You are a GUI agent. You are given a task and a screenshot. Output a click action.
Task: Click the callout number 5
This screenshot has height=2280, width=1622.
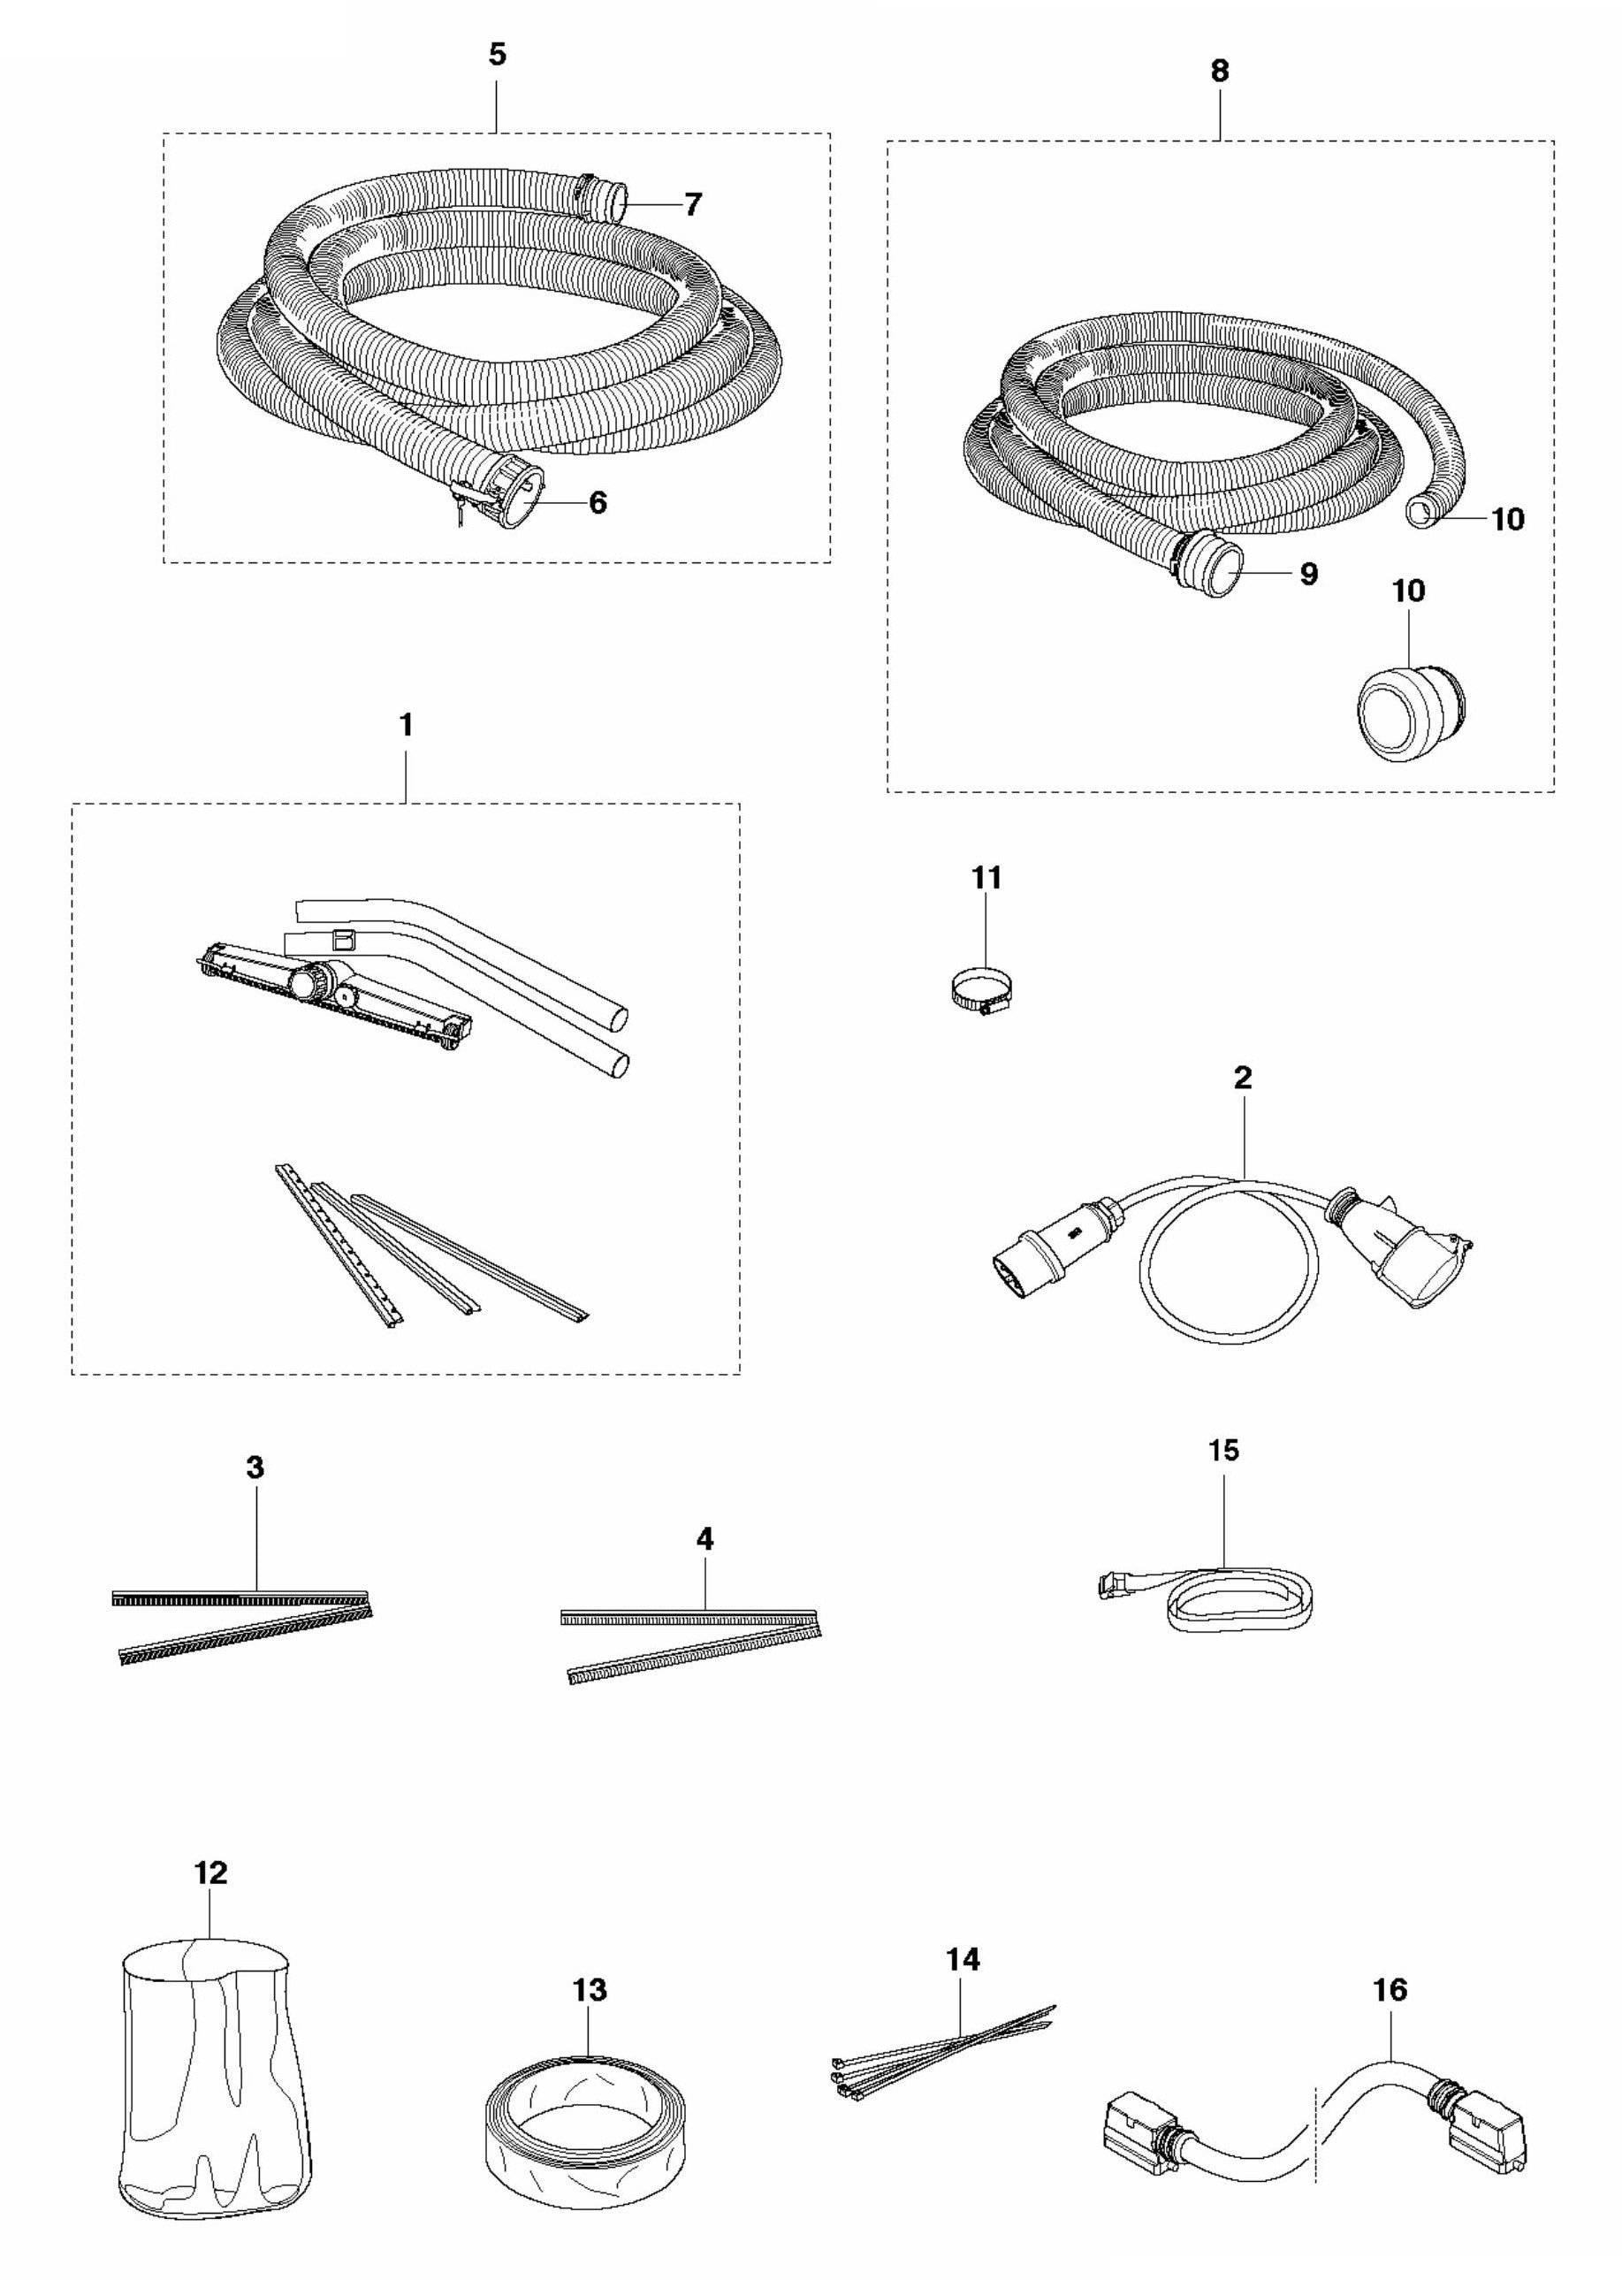coord(498,55)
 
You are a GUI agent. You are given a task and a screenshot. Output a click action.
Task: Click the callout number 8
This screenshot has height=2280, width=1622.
coord(1219,71)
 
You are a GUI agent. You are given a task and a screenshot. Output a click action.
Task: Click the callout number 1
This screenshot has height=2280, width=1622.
coord(406,726)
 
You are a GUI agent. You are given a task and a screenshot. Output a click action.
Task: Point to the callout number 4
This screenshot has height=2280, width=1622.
coord(705,1539)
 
